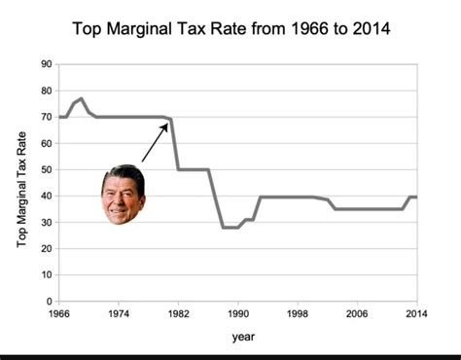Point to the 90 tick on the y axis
[46, 64]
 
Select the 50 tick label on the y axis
[46, 169]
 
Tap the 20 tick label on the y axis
[46, 249]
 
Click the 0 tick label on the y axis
[49, 302]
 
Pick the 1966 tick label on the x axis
[60, 314]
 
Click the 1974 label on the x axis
[119, 314]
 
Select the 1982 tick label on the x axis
[178, 314]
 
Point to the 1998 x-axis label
[298, 314]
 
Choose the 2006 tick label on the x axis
[357, 314]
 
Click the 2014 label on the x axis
[416, 314]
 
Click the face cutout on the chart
[123, 195]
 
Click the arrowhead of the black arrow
[166, 124]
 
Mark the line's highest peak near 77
[82, 98]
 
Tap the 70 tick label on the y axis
[46, 117]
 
